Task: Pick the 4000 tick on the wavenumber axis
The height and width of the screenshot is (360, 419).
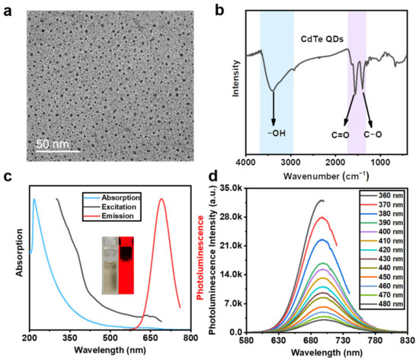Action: (247, 162)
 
